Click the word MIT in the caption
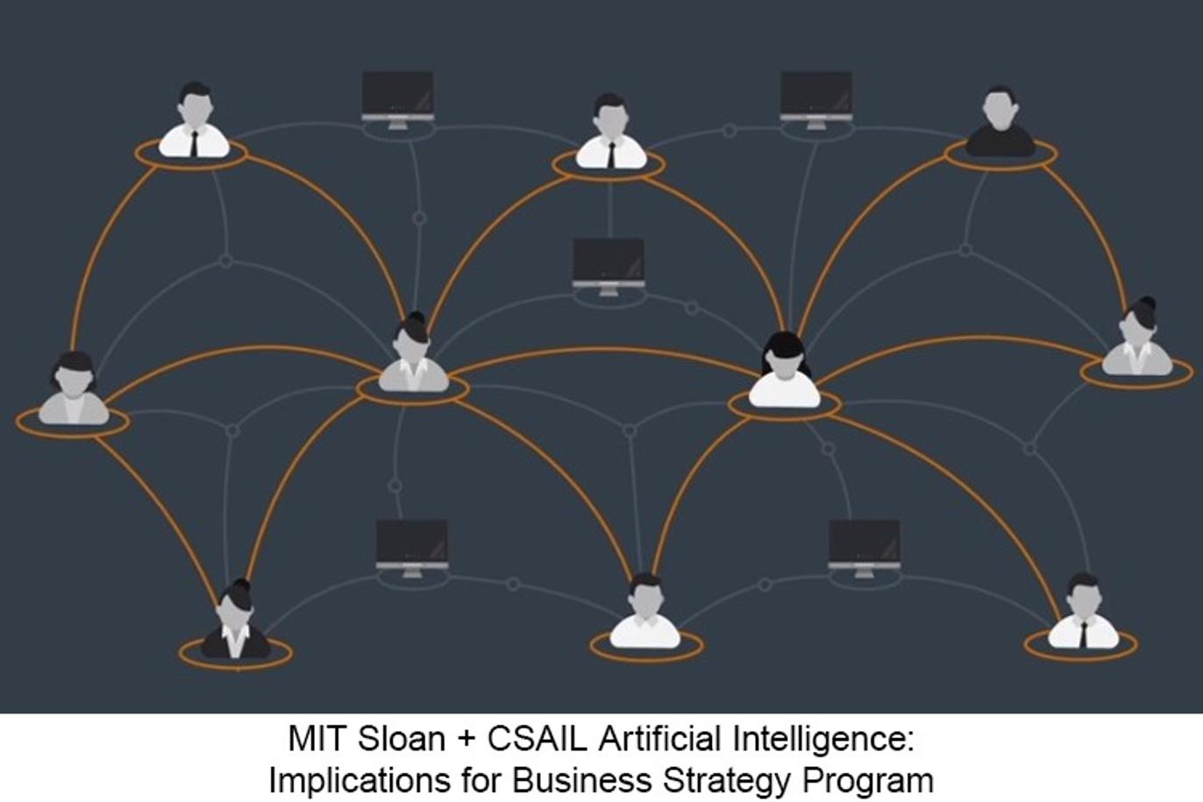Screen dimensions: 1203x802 [316, 739]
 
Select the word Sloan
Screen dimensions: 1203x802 [402, 739]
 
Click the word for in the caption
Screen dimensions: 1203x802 [480, 780]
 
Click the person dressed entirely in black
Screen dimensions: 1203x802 [1000, 122]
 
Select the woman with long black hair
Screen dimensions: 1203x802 [785, 371]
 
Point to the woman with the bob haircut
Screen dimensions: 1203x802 [75, 388]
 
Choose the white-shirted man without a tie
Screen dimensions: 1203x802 [645, 612]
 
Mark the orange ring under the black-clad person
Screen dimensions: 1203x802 [1001, 155]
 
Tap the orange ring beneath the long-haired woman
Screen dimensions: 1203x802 [784, 405]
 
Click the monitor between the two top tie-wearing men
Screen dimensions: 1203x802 [398, 101]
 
